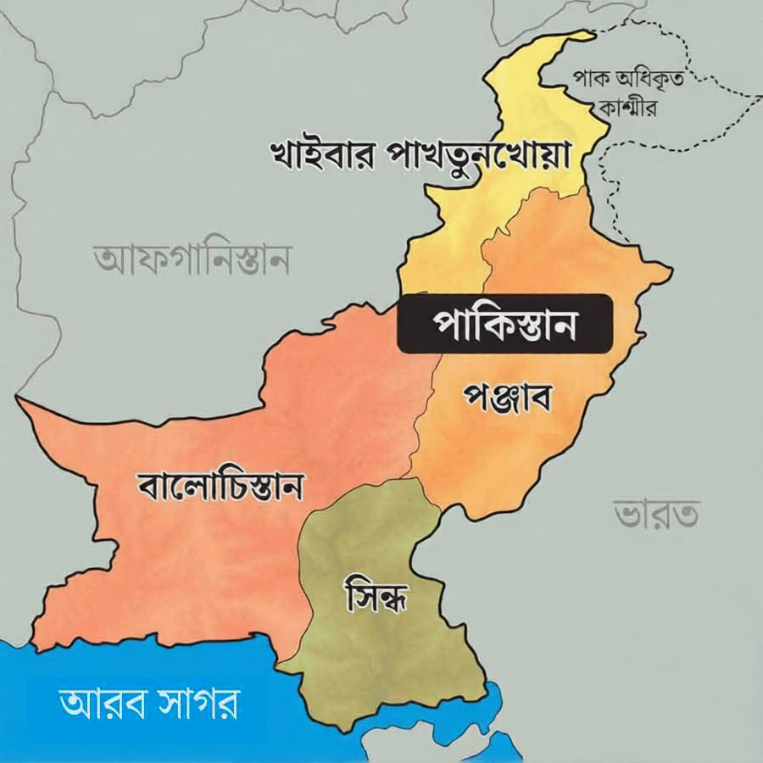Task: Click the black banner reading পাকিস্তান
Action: [505, 323]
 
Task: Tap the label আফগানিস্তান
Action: [192, 260]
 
